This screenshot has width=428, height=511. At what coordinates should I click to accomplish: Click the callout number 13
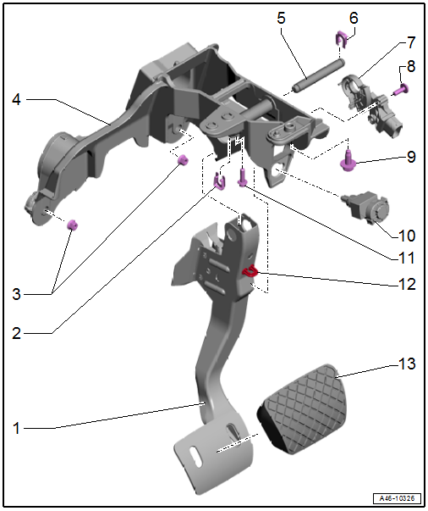coord(407,364)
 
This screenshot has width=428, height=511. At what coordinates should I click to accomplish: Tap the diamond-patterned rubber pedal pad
coord(302,409)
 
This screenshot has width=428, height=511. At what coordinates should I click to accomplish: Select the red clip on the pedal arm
coord(250,271)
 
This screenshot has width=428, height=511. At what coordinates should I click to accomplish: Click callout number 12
coord(407,285)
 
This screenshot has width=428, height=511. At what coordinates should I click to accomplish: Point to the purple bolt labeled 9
coord(348,160)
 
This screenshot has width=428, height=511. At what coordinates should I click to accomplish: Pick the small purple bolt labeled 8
coord(402,89)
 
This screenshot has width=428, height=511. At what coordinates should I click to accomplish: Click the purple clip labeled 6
coord(341,39)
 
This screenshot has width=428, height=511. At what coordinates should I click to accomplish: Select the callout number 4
coord(17,99)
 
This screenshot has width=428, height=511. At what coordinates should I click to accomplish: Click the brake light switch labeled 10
coord(365,207)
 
